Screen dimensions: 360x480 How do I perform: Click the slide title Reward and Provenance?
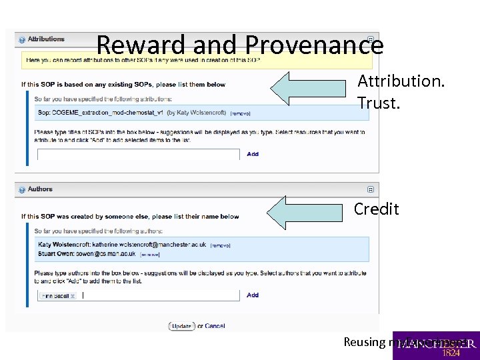(240, 45)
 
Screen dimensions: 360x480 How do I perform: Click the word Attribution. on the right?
(401, 81)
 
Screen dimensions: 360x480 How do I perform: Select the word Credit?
(376, 209)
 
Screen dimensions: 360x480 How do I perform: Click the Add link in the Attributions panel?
(253, 154)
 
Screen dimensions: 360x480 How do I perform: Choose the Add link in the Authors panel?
(253, 295)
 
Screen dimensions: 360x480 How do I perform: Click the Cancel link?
(215, 326)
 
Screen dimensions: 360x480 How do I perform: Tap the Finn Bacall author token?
(58, 295)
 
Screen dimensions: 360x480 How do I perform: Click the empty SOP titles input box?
(138, 154)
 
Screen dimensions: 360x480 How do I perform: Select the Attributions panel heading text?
(46, 39)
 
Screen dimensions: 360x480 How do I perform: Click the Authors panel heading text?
(40, 189)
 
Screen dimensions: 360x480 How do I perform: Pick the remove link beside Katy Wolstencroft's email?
(220, 245)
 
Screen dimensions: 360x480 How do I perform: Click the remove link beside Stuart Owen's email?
(149, 254)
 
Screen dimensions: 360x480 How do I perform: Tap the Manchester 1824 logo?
(436, 345)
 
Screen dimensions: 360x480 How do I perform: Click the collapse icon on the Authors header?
(371, 189)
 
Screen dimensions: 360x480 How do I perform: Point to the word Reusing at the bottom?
(363, 341)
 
